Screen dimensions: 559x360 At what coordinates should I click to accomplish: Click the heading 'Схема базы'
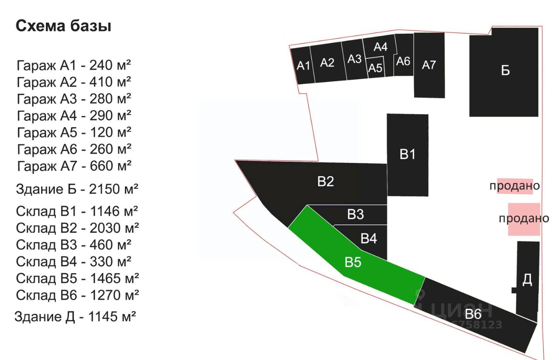click(x=63, y=26)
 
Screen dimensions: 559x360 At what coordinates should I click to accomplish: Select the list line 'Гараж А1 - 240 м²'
click(x=74, y=66)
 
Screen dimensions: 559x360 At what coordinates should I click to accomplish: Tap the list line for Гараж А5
click(x=74, y=132)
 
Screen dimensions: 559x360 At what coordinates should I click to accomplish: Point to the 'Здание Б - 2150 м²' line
click(x=77, y=189)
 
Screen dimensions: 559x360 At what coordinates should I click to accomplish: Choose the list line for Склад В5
click(x=77, y=278)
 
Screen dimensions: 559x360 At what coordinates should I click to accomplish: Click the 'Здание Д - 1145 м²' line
click(x=75, y=317)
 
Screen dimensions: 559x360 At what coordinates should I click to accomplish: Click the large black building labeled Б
click(x=504, y=72)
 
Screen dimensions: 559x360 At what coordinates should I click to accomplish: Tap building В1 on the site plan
click(x=407, y=155)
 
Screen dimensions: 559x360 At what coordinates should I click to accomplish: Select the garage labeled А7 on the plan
click(x=429, y=66)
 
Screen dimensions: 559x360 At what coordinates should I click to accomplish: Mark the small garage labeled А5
click(x=375, y=67)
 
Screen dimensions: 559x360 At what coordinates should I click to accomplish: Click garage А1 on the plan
click(x=303, y=66)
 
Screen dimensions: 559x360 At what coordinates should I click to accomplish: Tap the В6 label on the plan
click(x=473, y=314)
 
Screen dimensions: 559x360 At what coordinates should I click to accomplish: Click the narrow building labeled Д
click(x=527, y=280)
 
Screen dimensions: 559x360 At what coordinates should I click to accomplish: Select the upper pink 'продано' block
click(x=515, y=186)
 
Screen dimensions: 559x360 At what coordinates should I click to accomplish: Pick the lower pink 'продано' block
click(x=524, y=219)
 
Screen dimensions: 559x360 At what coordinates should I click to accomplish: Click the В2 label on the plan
click(x=326, y=181)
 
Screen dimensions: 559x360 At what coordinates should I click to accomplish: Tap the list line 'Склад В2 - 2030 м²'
click(x=77, y=228)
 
